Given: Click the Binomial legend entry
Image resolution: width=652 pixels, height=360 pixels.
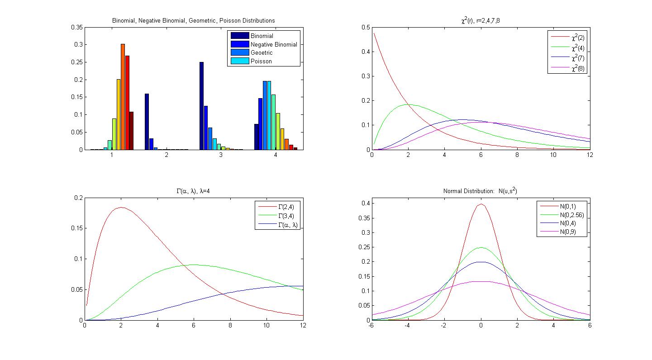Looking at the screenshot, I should [x=262, y=36].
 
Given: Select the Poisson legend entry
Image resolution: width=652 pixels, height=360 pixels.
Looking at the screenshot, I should [x=261, y=61].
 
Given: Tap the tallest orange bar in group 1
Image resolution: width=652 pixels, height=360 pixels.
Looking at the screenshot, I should [x=123, y=97].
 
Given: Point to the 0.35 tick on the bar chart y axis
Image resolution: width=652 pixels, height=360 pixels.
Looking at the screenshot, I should [x=77, y=27].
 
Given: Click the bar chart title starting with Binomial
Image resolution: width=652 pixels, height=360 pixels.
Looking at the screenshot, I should [x=193, y=20].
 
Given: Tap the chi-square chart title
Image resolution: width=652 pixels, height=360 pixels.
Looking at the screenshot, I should [x=480, y=20].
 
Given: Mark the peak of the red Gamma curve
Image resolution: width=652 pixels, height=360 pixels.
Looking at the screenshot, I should [x=121, y=208].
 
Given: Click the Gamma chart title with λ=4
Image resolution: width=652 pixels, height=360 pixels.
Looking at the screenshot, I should [x=193, y=191].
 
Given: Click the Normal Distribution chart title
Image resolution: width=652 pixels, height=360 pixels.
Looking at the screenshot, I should [x=480, y=191].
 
